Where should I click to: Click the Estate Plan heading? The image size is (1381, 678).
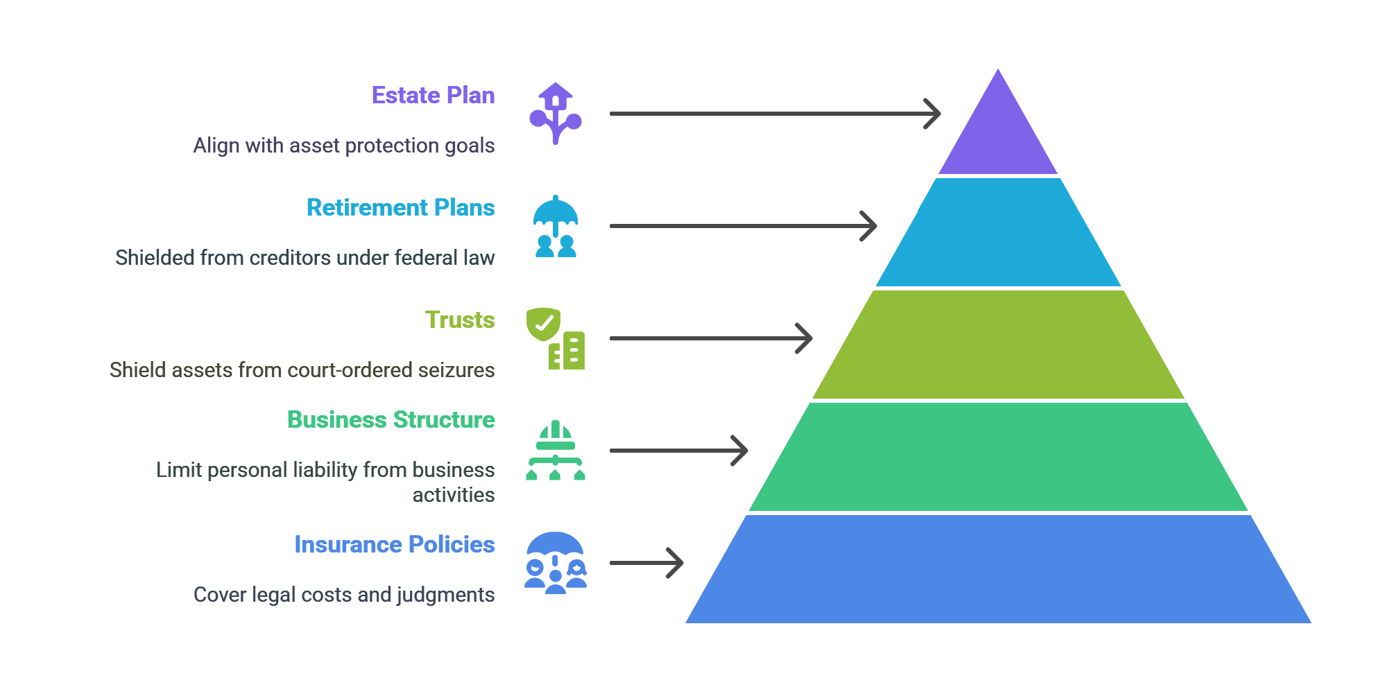click(433, 95)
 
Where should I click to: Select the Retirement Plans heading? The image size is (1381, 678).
click(400, 207)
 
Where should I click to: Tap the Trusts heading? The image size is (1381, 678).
click(459, 320)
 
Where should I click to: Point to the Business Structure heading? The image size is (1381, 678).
click(391, 419)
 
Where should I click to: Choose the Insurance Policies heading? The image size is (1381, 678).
click(394, 544)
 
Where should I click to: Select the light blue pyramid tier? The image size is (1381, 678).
click(998, 232)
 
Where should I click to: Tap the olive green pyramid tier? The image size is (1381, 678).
click(998, 345)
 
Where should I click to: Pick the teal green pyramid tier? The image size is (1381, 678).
click(998, 457)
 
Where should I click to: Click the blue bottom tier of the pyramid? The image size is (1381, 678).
click(998, 569)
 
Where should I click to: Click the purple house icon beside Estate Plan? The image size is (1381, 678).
click(556, 114)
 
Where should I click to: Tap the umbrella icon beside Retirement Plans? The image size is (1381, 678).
click(556, 226)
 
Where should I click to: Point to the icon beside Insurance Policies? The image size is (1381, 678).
click(556, 563)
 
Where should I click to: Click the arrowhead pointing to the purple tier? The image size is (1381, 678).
click(933, 114)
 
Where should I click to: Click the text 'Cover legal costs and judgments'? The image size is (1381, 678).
click(344, 594)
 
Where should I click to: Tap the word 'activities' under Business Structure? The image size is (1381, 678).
click(454, 494)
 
